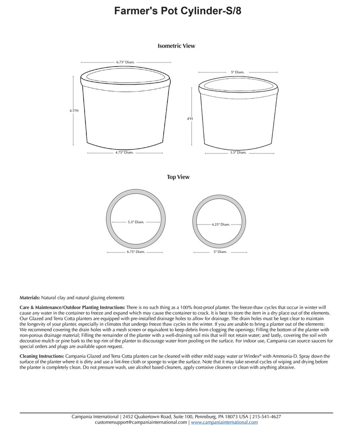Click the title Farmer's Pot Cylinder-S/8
point(177,11)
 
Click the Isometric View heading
point(176,46)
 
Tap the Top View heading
point(178,177)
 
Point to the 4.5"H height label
point(74,110)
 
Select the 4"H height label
point(190,119)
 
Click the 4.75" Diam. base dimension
point(124,153)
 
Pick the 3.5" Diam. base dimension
point(238,153)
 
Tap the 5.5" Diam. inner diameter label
point(136,222)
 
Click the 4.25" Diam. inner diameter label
point(220,224)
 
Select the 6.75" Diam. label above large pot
point(125,62)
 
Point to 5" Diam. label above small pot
point(237,72)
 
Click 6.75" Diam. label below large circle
point(136,252)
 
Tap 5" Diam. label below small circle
point(220,252)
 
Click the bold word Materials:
point(30,297)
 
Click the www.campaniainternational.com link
point(224,423)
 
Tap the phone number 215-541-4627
point(266,417)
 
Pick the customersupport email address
point(141,423)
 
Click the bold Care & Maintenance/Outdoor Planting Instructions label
point(72,306)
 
